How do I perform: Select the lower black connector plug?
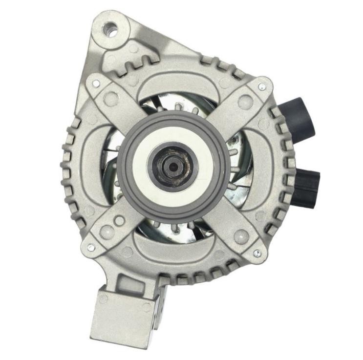pos(308,187)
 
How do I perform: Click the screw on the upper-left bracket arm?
pos(96,84)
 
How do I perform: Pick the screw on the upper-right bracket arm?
pos(262,86)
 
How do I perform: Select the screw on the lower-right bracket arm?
pos(256,253)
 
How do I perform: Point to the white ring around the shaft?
pos(147,147)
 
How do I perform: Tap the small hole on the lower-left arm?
pos(119,221)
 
